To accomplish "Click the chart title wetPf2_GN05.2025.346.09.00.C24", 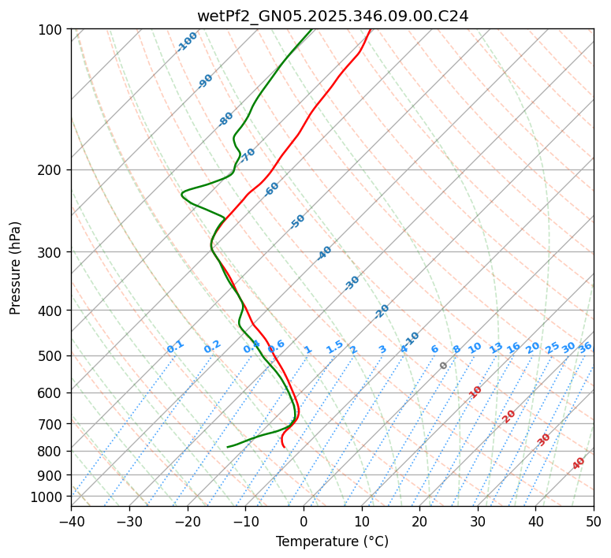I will [x=332, y=16].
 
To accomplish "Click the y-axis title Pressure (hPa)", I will [x=16, y=268].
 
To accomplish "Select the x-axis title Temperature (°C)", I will [x=332, y=541].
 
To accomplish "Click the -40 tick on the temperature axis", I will [x=71, y=521].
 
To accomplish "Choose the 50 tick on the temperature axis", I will [x=594, y=521].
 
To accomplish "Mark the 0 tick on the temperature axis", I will [x=304, y=521].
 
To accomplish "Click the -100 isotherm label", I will [x=188, y=42].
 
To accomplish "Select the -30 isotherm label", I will [x=352, y=283].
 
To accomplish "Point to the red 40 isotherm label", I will [x=579, y=463].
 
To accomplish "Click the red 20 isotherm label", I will [x=509, y=415].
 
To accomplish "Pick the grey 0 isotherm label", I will [x=444, y=366].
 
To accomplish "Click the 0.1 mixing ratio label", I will [x=176, y=346].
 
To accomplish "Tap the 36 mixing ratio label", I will [x=585, y=347].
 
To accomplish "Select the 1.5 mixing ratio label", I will [x=335, y=346].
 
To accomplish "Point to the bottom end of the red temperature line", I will [x=284, y=447].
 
